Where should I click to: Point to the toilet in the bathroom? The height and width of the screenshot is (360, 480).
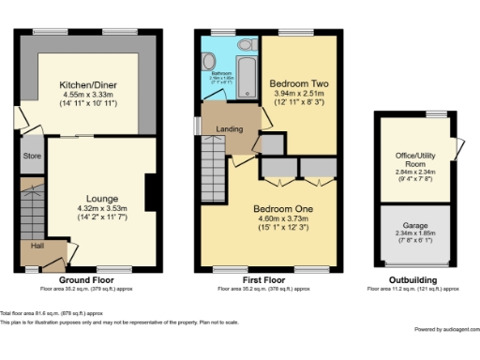coord(246,45)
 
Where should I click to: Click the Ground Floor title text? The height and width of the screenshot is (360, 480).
coord(88,280)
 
